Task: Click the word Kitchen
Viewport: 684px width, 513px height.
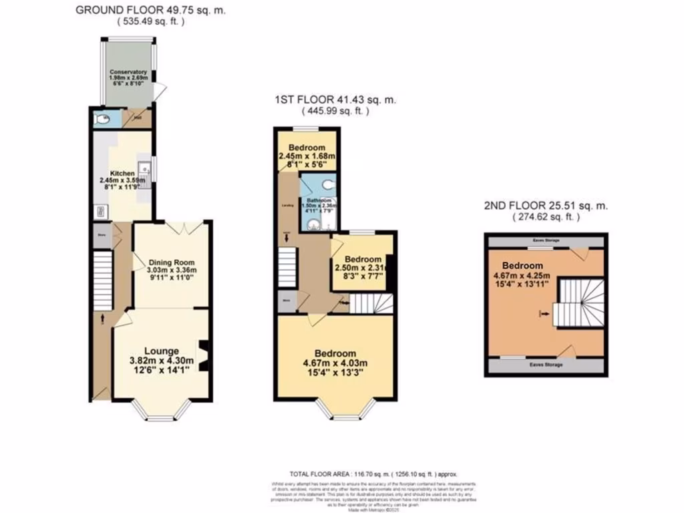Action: [122, 173]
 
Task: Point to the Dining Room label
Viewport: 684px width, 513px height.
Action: [172, 262]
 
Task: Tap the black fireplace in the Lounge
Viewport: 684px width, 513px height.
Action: [204, 355]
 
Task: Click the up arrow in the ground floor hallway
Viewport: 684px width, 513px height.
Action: [102, 319]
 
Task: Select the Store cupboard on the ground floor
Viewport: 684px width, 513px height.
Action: [102, 235]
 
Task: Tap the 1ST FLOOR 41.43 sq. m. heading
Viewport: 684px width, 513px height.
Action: [335, 100]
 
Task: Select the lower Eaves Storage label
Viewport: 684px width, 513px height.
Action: [546, 365]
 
